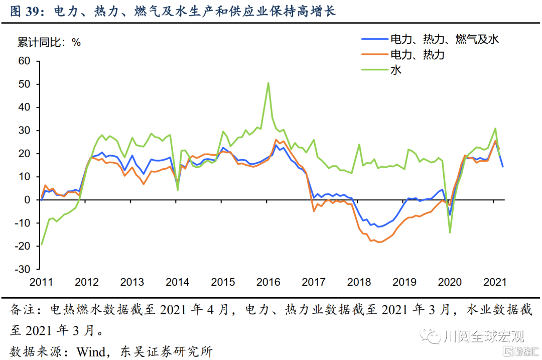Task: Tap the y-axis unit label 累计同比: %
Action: pyautogui.click(x=49, y=42)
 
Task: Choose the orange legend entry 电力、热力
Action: pyautogui.click(x=417, y=54)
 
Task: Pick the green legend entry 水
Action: pyautogui.click(x=396, y=70)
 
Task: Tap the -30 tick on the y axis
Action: pyautogui.click(x=23, y=269)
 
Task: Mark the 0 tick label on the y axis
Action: pyautogui.click(x=28, y=200)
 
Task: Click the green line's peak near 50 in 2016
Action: pyautogui.click(x=268, y=83)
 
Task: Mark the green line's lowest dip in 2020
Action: pyautogui.click(x=450, y=232)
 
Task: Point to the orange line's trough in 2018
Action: pyautogui.click(x=379, y=242)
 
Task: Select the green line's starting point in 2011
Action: pyautogui.click(x=41, y=245)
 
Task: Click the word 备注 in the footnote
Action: pyautogui.click(x=21, y=310)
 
